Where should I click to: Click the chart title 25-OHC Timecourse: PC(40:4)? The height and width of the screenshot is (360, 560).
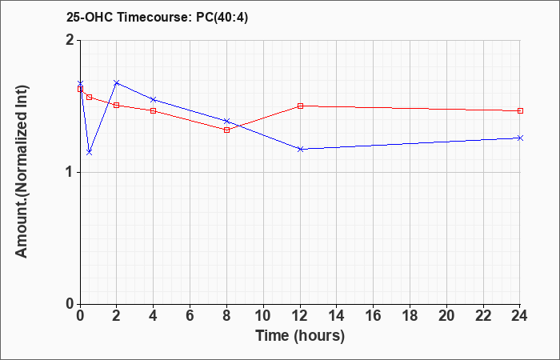tap(157, 18)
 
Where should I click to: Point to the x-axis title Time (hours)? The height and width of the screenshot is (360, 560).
tap(300, 336)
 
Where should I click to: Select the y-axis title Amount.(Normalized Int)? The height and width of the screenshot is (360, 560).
tap(22, 171)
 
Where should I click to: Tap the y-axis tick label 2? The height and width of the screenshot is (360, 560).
tap(70, 40)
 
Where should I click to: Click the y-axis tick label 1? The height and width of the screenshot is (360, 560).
tap(70, 172)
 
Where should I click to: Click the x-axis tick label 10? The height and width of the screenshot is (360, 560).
tap(263, 316)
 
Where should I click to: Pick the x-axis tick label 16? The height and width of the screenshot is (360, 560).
tap(374, 316)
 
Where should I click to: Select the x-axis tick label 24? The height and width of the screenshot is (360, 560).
tap(520, 316)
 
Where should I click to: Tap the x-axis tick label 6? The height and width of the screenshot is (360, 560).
tap(190, 316)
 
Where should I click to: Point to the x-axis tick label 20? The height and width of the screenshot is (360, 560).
tap(446, 316)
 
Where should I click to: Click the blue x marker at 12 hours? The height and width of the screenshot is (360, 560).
tap(300, 149)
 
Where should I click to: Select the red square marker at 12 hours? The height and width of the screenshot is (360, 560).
tap(300, 106)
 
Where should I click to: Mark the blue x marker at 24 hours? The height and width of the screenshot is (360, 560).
tap(520, 138)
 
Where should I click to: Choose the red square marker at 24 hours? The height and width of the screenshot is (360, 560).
tap(520, 110)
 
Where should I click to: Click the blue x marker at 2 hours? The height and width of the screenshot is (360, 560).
tap(117, 82)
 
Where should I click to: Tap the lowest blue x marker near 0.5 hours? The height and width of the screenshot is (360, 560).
tap(90, 153)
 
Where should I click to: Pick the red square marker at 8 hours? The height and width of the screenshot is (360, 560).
tap(226, 130)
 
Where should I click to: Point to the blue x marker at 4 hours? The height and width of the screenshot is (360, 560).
tap(154, 99)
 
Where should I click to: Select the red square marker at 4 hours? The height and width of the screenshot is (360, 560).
tap(154, 110)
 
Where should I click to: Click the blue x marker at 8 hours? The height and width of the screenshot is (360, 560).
tap(226, 121)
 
